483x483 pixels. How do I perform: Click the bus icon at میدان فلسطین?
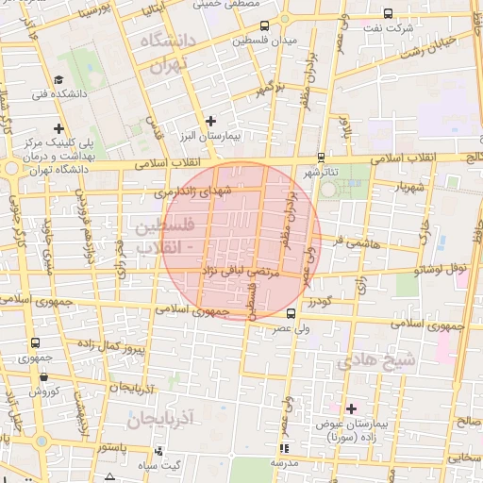(263, 26)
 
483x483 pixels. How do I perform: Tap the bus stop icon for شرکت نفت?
(389, 13)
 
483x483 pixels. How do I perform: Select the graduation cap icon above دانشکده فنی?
(58, 80)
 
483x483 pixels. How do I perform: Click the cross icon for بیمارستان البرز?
(211, 121)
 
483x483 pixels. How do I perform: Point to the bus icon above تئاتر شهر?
(322, 157)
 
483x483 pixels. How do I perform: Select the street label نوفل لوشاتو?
(439, 269)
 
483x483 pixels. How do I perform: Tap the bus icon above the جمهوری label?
(36, 343)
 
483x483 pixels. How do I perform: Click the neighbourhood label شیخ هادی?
(375, 359)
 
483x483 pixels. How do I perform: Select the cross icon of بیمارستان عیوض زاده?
(352, 408)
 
